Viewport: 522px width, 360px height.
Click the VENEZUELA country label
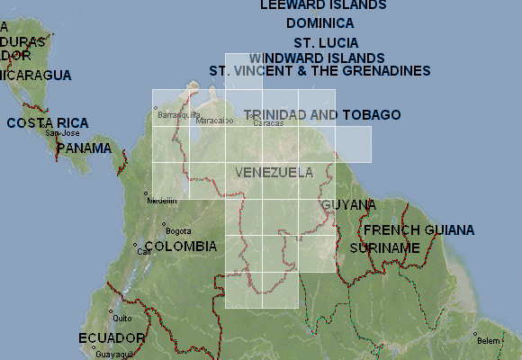pos(274,172)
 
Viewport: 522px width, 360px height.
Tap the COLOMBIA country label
pos(180,246)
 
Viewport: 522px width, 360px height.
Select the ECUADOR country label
pos(112,337)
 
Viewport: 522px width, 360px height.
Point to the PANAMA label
pos(84,148)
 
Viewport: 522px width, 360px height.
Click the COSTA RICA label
pos(48,122)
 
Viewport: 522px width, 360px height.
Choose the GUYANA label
pos(348,204)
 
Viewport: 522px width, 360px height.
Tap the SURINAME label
pos(384,247)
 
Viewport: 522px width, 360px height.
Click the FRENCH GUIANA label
pos(418,230)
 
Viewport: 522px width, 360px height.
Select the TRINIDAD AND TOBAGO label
pos(322,115)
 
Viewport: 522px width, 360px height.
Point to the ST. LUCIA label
pos(326,43)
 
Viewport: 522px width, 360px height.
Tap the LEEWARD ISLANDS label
pos(323,4)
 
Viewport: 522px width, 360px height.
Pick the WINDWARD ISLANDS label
pos(317,58)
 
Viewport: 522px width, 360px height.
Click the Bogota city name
pos(178,229)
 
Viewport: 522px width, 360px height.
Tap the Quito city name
pos(122,318)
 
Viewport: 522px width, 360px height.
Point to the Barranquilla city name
pos(177,115)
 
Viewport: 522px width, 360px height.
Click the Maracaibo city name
pos(215,120)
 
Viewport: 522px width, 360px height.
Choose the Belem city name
pos(489,341)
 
